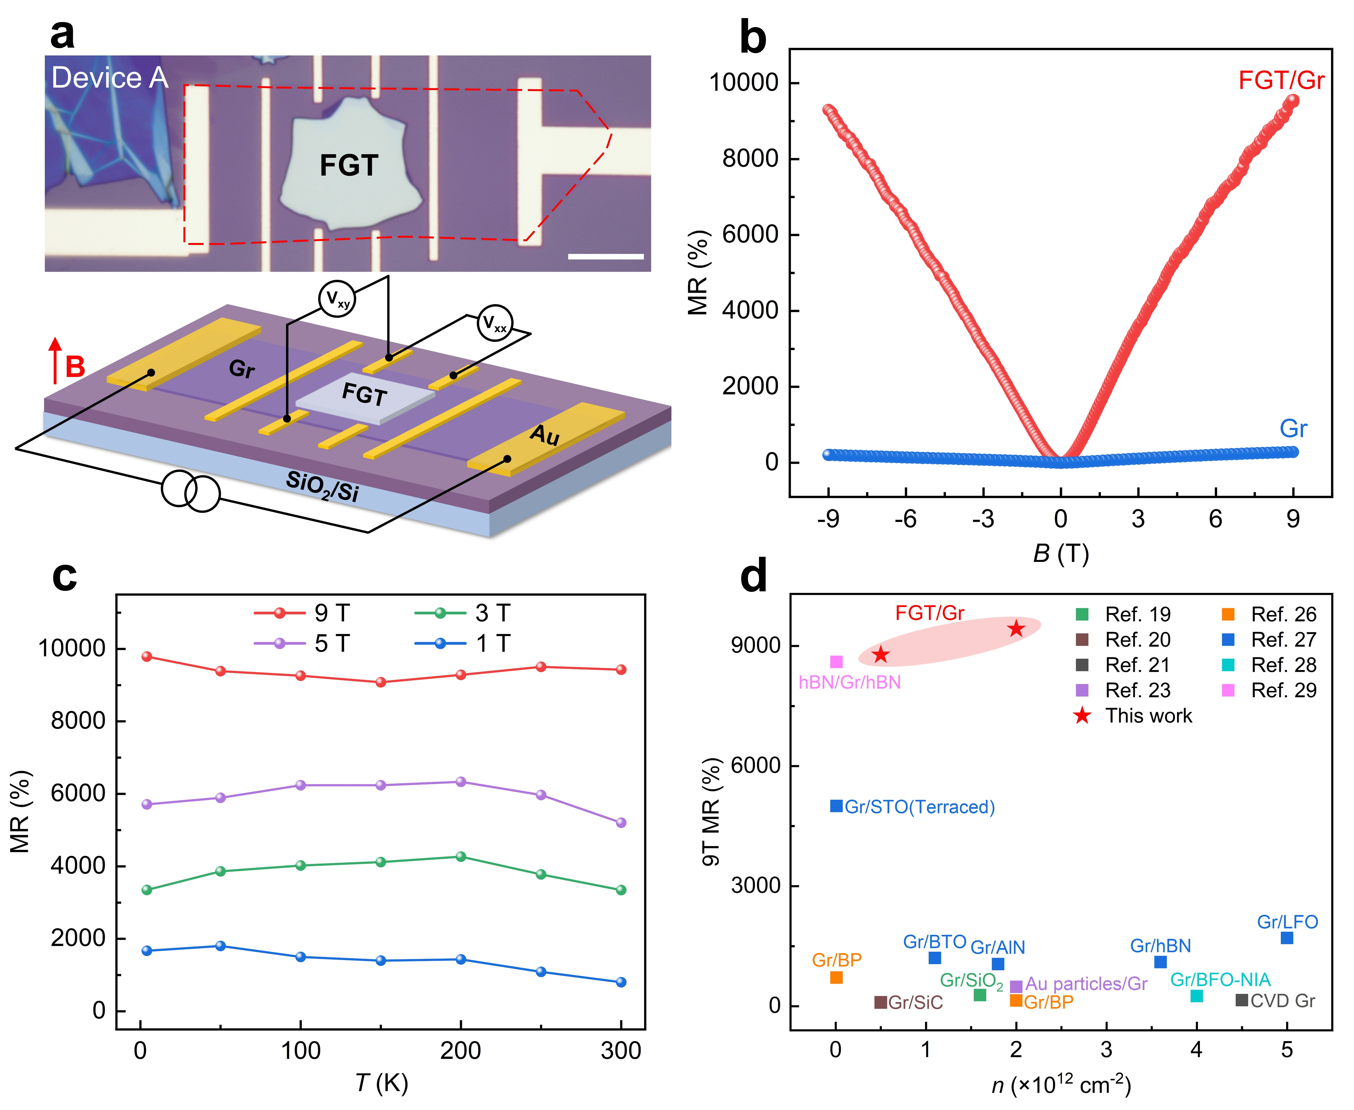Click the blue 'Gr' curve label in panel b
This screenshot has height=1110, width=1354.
(x=1293, y=428)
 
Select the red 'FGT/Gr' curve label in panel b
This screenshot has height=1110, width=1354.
(x=1280, y=80)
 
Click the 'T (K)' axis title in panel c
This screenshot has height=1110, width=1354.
(x=381, y=1083)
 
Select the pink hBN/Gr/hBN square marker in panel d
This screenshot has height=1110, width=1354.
(x=836, y=662)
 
